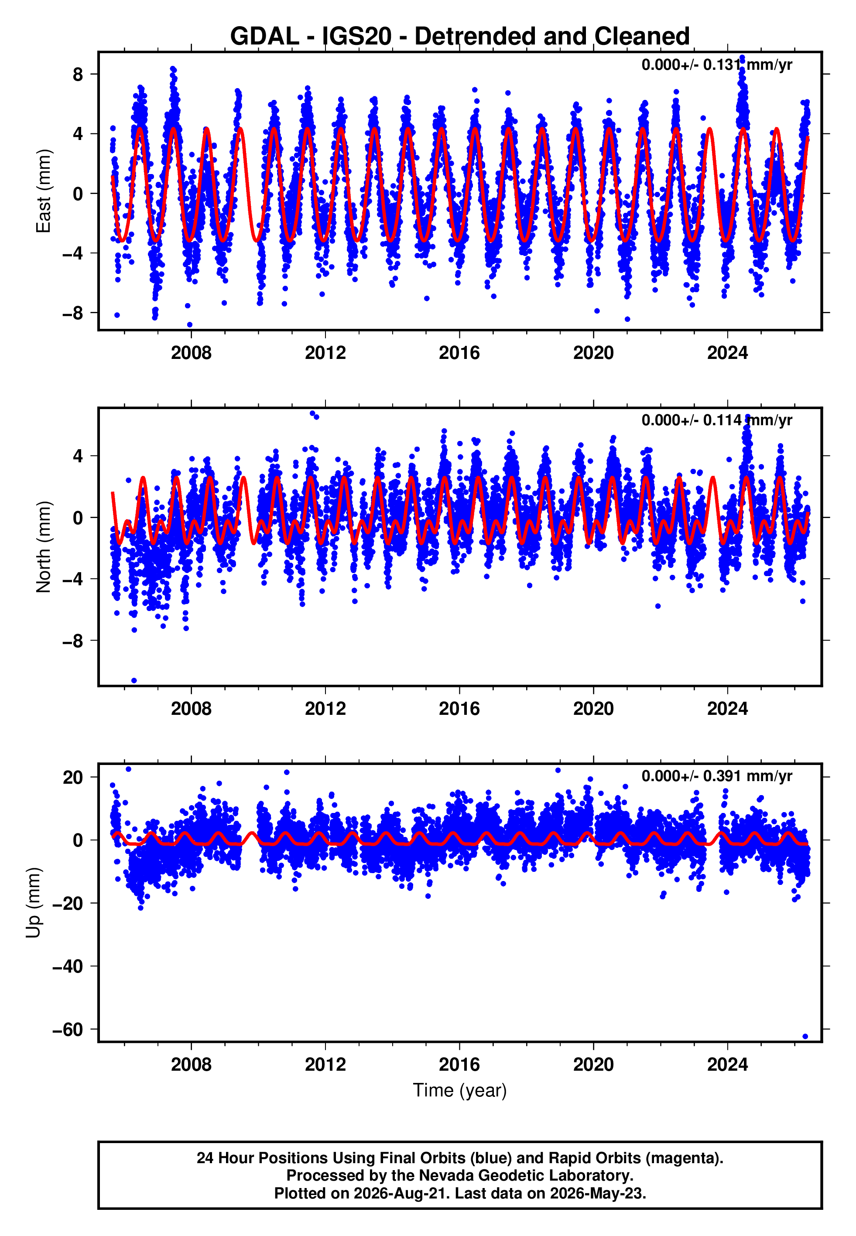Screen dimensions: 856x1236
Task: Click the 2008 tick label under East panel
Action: tap(191, 353)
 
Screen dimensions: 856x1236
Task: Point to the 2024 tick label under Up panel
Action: tap(727, 1065)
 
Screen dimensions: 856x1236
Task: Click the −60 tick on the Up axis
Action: tap(68, 1029)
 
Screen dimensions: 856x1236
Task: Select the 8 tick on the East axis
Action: tap(78, 74)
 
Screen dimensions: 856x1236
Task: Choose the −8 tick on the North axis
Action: tap(73, 641)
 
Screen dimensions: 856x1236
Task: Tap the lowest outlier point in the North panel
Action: tap(134, 680)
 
